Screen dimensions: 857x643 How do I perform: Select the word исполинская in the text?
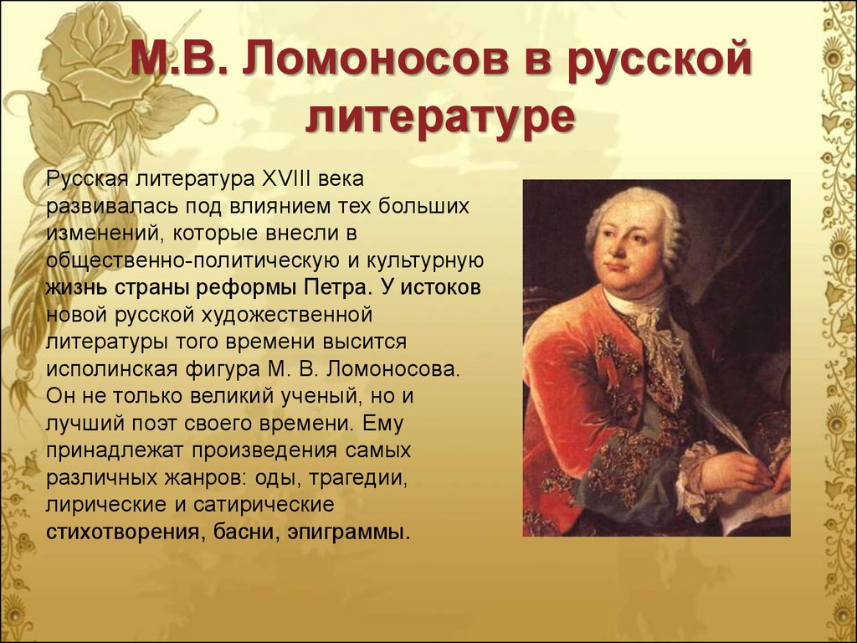[x=112, y=369]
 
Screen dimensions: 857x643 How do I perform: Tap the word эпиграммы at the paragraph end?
[x=348, y=532]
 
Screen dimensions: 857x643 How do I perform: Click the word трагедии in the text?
[x=358, y=478]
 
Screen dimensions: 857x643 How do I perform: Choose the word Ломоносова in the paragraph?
[x=393, y=369]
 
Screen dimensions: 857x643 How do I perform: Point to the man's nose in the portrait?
[x=622, y=246]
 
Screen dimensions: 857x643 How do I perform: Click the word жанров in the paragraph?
[x=200, y=478]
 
